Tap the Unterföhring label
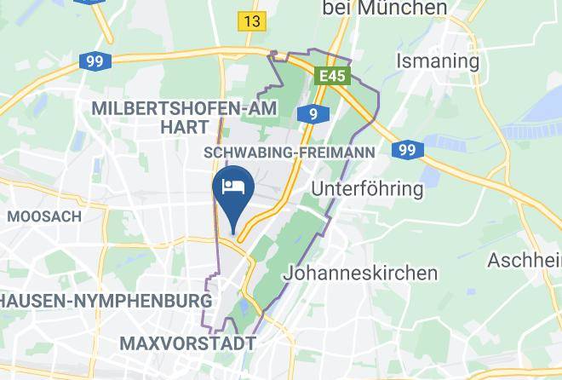[x=368, y=188]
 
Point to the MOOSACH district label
[x=44, y=216]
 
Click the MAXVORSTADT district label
[x=188, y=343]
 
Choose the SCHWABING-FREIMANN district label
[x=290, y=152]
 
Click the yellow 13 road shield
[x=252, y=21]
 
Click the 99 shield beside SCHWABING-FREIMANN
[x=408, y=150]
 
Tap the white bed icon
[x=232, y=187]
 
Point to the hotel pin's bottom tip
[x=232, y=230]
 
